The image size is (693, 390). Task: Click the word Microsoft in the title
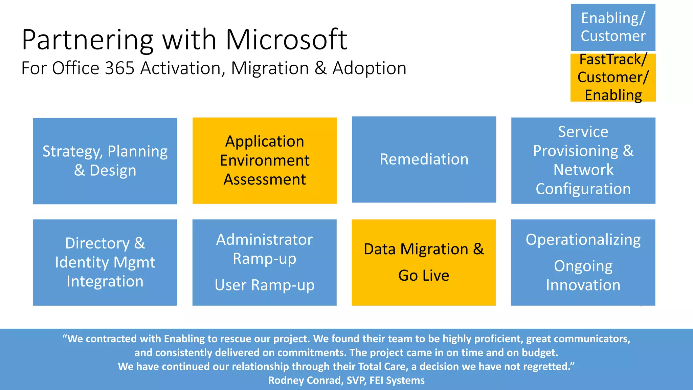click(x=286, y=40)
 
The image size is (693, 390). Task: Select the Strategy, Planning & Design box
click(x=105, y=161)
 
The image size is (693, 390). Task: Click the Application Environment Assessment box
click(x=265, y=160)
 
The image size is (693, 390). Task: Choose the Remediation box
click(x=424, y=159)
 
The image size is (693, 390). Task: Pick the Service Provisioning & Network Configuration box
click(x=583, y=160)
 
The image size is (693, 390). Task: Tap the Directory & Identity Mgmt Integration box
click(x=105, y=262)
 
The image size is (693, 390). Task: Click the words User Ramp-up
click(x=265, y=285)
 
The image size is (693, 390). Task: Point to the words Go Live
click(x=424, y=275)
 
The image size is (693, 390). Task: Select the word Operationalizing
click(x=583, y=240)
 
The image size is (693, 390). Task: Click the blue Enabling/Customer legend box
click(x=613, y=27)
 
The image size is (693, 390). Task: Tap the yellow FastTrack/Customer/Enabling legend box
click(x=613, y=78)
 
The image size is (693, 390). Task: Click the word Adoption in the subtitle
click(x=369, y=68)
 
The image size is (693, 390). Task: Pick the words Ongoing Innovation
click(x=583, y=276)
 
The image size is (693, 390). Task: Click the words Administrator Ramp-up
click(x=265, y=249)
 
